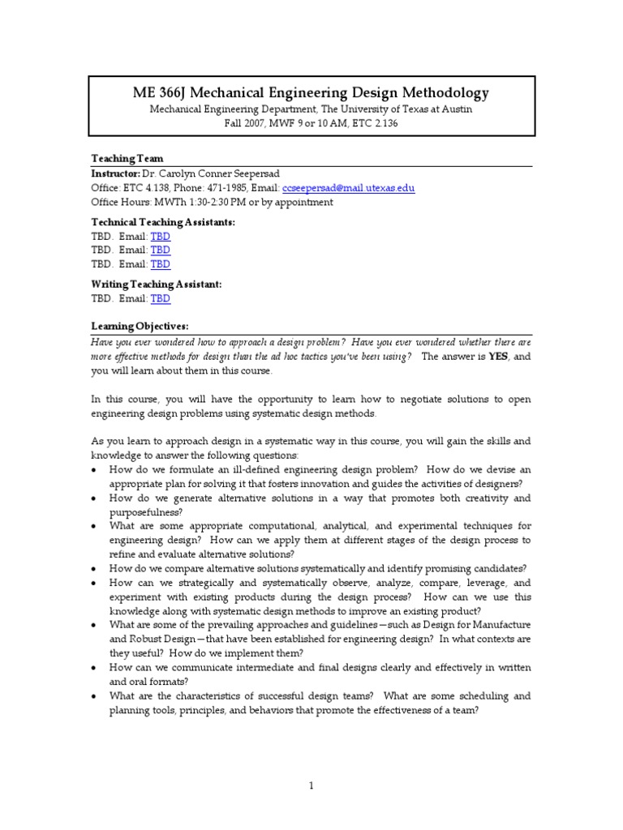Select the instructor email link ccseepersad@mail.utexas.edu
click(349, 188)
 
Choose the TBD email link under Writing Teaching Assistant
click(161, 298)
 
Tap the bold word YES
click(497, 357)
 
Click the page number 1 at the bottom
click(311, 785)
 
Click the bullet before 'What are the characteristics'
click(95, 696)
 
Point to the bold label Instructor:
click(115, 173)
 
